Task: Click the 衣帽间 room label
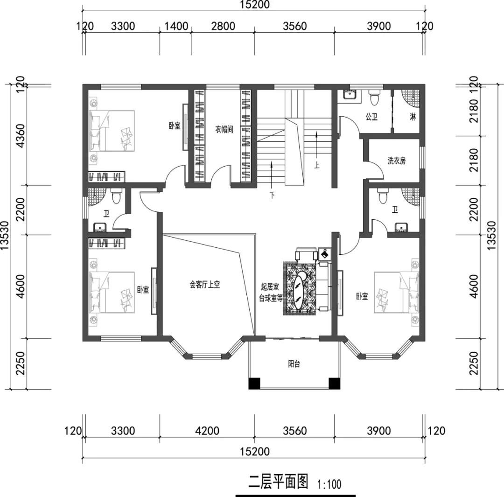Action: [x=224, y=130]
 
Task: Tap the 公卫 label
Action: [x=371, y=117]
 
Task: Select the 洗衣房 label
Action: [x=396, y=161]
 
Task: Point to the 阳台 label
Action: [x=294, y=364]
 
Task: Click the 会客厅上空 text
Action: [x=205, y=285]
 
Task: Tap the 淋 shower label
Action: [x=413, y=117]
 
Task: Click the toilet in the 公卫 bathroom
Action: [x=374, y=98]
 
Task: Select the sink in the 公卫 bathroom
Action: [x=349, y=95]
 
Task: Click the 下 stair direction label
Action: [x=272, y=195]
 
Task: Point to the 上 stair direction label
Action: [x=317, y=166]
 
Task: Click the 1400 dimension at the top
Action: [x=176, y=26]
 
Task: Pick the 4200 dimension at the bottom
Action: [x=207, y=430]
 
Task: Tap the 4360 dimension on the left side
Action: [x=21, y=135]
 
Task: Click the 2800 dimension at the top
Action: [x=223, y=26]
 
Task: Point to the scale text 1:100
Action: [x=329, y=484]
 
